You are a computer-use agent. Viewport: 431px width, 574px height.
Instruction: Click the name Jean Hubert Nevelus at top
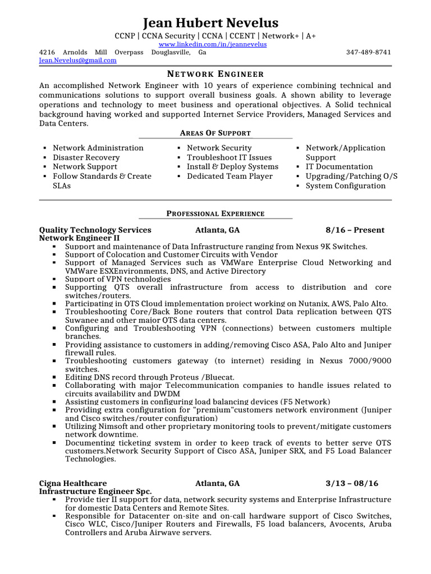click(x=210, y=23)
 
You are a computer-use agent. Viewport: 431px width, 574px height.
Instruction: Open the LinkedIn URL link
click(x=213, y=44)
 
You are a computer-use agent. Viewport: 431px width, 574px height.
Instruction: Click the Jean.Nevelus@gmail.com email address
click(x=78, y=61)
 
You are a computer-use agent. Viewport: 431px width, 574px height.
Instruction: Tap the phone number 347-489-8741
click(x=369, y=52)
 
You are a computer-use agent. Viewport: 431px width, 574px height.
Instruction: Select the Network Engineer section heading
click(x=215, y=74)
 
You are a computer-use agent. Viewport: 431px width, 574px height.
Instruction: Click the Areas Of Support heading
click(x=215, y=133)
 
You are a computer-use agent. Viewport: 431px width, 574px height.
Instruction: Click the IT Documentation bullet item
click(x=339, y=166)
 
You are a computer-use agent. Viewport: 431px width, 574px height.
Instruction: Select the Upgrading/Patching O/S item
click(x=351, y=176)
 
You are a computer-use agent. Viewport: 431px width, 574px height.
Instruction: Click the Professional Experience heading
click(x=215, y=214)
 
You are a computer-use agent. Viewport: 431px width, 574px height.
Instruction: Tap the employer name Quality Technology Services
click(x=95, y=230)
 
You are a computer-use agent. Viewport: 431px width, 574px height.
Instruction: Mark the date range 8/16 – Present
click(x=355, y=230)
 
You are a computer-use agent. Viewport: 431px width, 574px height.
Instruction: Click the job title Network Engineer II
click(x=79, y=238)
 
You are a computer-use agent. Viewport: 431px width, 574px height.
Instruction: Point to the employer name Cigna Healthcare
click(x=72, y=483)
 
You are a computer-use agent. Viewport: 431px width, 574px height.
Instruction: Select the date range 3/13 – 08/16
click(x=352, y=483)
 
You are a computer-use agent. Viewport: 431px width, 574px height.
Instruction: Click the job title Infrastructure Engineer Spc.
click(x=95, y=491)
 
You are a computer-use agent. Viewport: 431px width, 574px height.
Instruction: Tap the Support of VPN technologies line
click(x=118, y=279)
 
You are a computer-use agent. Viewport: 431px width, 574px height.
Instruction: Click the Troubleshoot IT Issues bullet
click(x=229, y=158)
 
